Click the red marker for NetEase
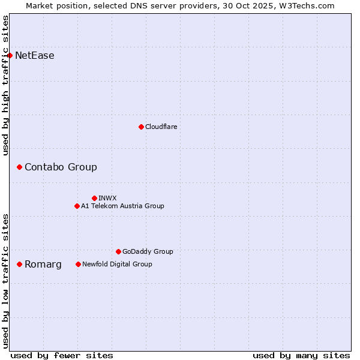10,56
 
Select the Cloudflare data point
141,127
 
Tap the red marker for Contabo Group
19,167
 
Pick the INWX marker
94,198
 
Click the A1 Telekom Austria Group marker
77,206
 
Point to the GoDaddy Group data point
118,251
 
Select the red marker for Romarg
19,264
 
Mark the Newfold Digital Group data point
78,264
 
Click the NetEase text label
35,56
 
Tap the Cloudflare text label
161,127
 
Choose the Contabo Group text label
61,167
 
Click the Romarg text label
43,264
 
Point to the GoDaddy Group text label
148,251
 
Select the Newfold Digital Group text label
117,264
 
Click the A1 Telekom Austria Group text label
122,206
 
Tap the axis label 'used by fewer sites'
62,355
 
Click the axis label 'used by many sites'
301,355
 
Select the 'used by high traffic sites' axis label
6,85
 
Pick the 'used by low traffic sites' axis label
6,280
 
